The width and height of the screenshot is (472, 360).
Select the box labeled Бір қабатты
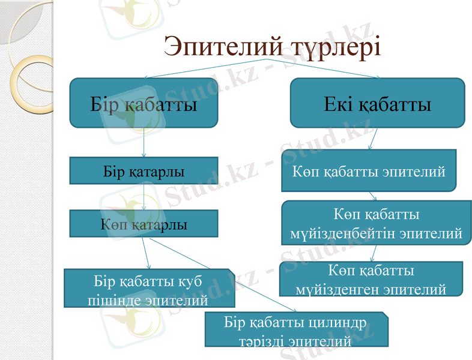pos(143,103)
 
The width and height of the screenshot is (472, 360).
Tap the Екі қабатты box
pos(377,103)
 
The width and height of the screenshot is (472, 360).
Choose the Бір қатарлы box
pos(144,170)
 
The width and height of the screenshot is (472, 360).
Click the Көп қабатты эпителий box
pos(369,171)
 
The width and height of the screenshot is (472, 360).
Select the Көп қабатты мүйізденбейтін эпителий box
pos(376,224)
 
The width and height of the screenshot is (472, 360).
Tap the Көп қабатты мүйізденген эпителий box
pos(371,279)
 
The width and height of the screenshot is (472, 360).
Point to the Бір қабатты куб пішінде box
pos(148,289)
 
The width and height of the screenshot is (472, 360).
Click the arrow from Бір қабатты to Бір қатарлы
pos(144,143)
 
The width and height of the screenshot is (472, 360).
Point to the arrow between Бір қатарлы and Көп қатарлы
pos(144,197)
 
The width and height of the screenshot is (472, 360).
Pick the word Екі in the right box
pos(339,104)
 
